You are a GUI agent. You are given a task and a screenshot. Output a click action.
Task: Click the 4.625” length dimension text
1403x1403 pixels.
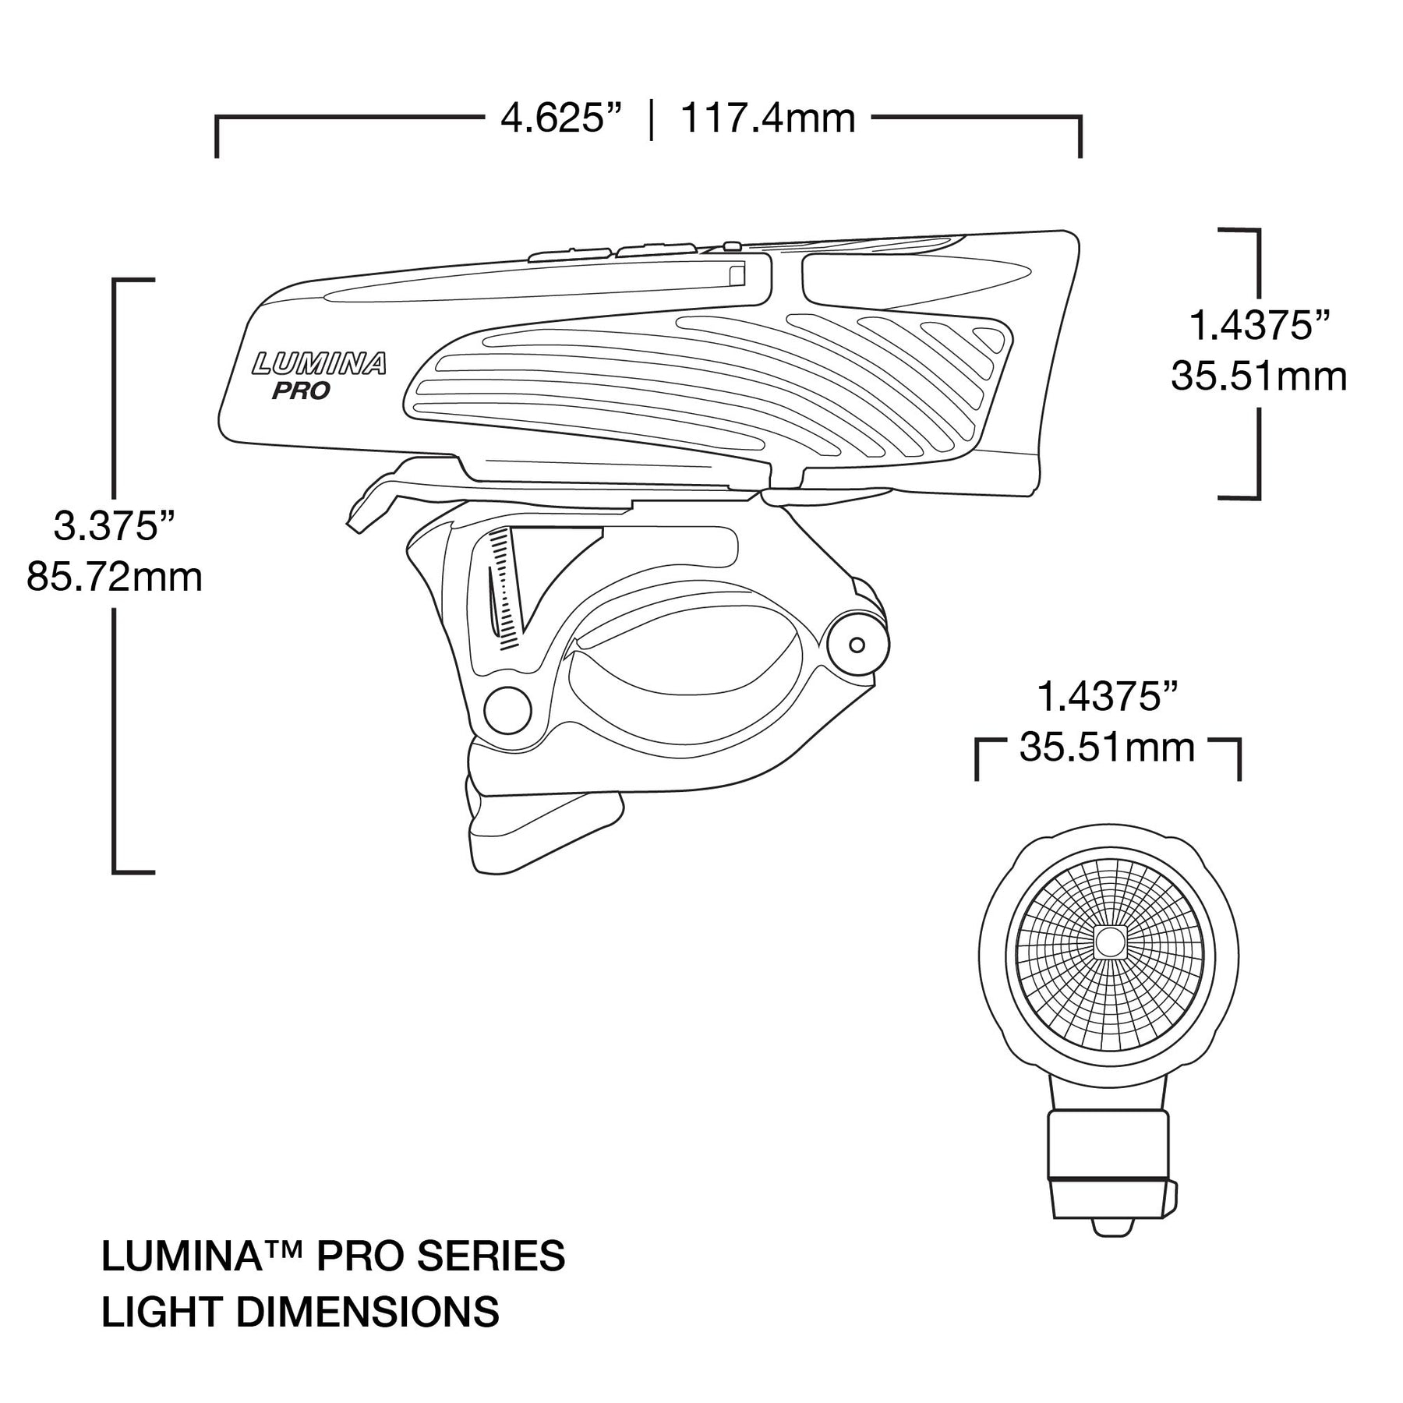[561, 119]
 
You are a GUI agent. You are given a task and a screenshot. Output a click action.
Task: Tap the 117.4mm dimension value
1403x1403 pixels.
[768, 119]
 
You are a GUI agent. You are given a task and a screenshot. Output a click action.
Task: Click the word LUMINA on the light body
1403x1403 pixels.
[320, 363]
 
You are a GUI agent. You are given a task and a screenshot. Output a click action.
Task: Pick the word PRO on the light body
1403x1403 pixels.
[301, 391]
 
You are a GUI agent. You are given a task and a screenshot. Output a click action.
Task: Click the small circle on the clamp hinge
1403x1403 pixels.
[857, 645]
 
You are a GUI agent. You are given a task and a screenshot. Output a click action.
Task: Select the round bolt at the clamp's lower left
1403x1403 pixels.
[507, 710]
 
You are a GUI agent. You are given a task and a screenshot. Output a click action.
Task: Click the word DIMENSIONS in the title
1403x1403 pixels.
[367, 1312]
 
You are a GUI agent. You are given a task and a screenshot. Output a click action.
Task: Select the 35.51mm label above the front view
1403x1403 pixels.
[1107, 748]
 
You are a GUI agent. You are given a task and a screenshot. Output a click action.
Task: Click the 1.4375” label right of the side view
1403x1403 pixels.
[1259, 325]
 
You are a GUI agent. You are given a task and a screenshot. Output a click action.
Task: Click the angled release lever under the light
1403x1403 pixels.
[374, 495]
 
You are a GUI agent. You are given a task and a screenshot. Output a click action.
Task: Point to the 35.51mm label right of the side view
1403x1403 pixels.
[1259, 376]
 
